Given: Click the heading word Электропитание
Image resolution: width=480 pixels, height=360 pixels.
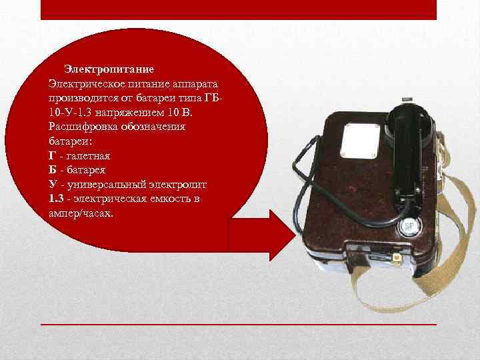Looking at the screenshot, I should coord(109,70).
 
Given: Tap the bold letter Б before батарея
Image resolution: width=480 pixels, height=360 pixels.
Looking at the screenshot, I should coord(53,169).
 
